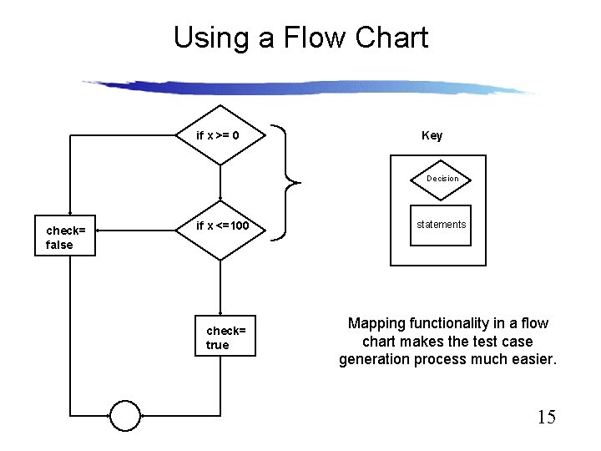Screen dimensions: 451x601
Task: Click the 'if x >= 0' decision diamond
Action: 220,135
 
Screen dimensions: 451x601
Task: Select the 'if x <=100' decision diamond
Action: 220,227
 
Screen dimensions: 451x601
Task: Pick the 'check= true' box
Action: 225,337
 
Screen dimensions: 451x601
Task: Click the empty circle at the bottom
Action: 125,415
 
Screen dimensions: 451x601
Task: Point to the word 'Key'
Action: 432,135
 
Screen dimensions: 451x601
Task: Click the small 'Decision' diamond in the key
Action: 442,179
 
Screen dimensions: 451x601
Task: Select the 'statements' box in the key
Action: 441,225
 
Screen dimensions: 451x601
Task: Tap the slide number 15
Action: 546,418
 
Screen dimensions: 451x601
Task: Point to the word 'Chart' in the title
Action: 391,38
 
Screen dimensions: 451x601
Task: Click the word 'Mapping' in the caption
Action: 378,323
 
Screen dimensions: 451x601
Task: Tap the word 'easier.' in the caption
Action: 532,359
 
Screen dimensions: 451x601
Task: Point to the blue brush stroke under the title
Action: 309,87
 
